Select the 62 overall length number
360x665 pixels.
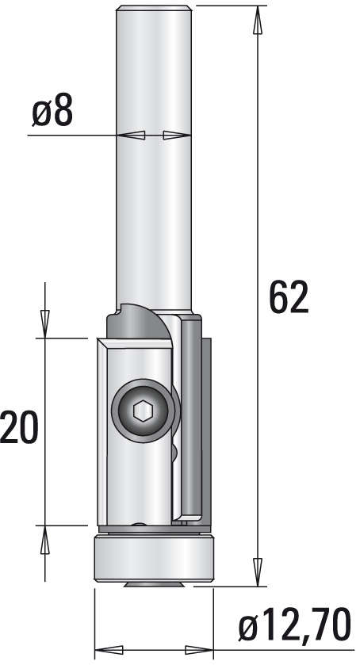click(x=288, y=297)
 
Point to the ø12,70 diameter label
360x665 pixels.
click(x=294, y=628)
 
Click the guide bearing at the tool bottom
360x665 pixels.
click(x=154, y=559)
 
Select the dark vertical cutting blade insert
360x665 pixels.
click(x=193, y=416)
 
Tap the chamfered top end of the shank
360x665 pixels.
click(x=155, y=10)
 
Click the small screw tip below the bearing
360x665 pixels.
click(x=154, y=585)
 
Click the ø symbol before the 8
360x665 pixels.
click(x=41, y=114)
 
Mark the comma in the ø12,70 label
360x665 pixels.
click(x=302, y=639)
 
